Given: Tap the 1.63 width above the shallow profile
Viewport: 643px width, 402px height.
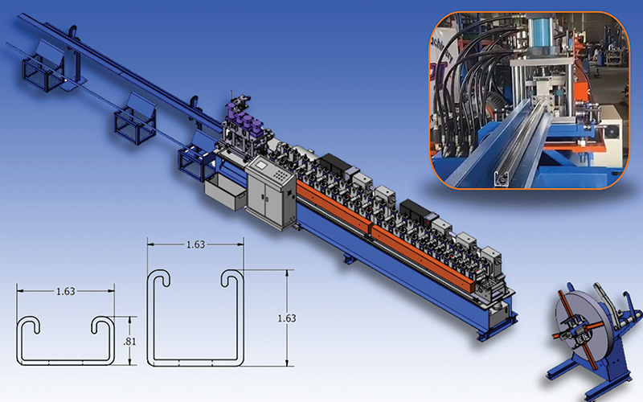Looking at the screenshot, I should pos(66,291).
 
